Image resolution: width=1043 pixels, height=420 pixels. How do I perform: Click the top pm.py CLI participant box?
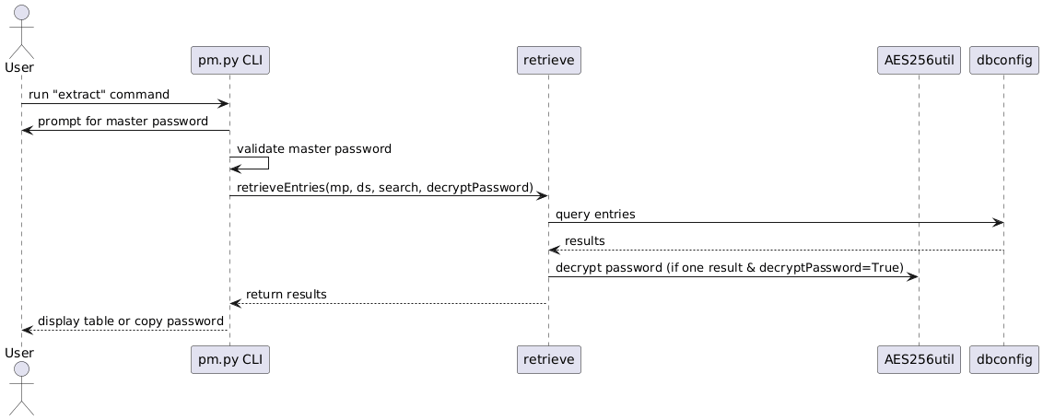point(230,61)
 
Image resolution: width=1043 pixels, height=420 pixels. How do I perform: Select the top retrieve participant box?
point(548,61)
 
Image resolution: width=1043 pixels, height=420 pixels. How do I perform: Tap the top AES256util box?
point(918,61)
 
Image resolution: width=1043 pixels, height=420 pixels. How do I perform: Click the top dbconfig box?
point(1004,61)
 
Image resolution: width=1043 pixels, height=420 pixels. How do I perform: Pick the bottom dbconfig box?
point(1004,359)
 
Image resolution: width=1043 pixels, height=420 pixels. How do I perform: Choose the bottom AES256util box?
point(918,359)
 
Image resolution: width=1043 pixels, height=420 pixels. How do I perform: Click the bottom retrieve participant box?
point(548,359)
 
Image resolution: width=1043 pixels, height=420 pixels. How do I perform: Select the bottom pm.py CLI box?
point(230,359)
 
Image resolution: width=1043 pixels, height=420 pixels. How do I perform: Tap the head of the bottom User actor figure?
point(20,383)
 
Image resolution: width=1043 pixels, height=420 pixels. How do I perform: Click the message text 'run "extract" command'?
point(99,95)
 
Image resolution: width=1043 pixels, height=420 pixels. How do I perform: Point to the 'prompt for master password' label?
point(123,122)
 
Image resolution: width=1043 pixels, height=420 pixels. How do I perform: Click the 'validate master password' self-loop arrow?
point(267,163)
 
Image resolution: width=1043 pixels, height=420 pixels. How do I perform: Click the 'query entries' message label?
point(595,214)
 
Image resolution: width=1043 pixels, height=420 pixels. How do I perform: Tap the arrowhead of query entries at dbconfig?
point(998,223)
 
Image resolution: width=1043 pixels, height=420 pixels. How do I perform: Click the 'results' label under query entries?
point(584,240)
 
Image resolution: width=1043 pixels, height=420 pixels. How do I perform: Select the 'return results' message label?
point(286,294)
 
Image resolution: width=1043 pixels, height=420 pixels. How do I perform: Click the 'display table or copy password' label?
point(130,321)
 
